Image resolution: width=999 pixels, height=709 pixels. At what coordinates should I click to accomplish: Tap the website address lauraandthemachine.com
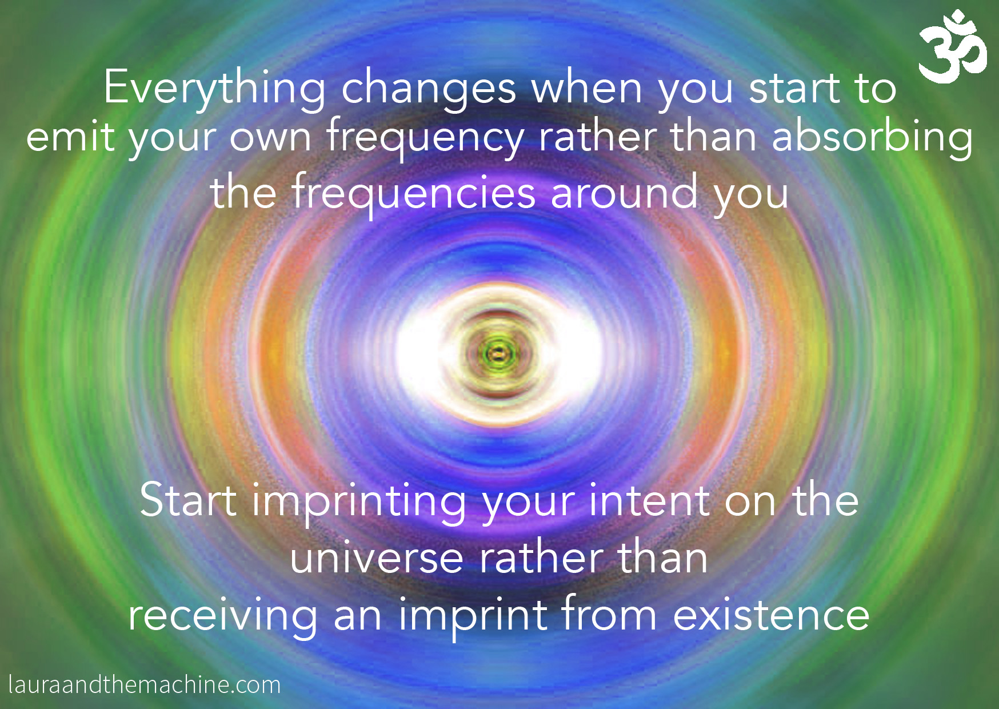click(145, 684)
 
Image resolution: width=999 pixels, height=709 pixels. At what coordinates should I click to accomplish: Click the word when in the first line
click(587, 89)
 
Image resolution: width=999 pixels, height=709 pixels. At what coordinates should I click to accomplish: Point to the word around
click(624, 193)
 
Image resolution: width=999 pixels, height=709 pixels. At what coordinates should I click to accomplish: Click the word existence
click(771, 615)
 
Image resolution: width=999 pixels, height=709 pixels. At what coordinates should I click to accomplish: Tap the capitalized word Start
click(188, 500)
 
